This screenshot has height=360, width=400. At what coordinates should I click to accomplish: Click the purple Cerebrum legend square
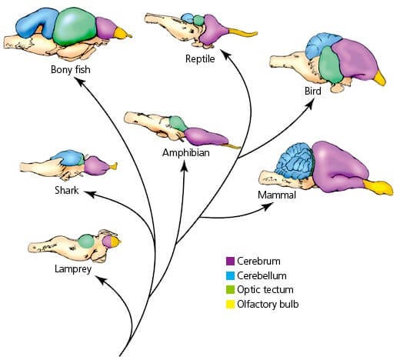(x=230, y=262)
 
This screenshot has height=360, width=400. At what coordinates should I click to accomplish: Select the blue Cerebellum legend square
(x=230, y=275)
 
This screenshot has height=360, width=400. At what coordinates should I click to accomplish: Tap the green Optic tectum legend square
(x=230, y=290)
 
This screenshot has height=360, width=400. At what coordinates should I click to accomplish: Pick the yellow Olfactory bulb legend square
(x=230, y=305)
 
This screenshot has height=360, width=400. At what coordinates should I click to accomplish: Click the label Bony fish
(x=71, y=69)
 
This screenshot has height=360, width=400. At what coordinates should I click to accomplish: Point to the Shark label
(x=67, y=190)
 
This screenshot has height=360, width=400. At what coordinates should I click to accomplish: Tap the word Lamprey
(x=73, y=269)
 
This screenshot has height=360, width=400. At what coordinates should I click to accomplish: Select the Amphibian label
(x=186, y=153)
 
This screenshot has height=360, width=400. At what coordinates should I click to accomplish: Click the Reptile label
(x=200, y=59)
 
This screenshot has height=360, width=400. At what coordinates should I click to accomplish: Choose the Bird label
(x=313, y=91)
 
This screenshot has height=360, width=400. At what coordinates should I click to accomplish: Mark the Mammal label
(x=277, y=195)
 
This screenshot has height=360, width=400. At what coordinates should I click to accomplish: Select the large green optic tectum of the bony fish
(x=75, y=28)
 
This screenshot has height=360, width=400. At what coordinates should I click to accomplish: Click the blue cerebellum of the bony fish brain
(x=36, y=23)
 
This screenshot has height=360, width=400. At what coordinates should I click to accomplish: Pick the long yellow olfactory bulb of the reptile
(x=242, y=32)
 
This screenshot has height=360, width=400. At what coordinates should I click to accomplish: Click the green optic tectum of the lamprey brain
(x=86, y=242)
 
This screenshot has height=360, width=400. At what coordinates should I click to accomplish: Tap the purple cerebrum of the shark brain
(x=96, y=165)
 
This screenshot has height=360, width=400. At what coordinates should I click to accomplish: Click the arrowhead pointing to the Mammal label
(x=268, y=206)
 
